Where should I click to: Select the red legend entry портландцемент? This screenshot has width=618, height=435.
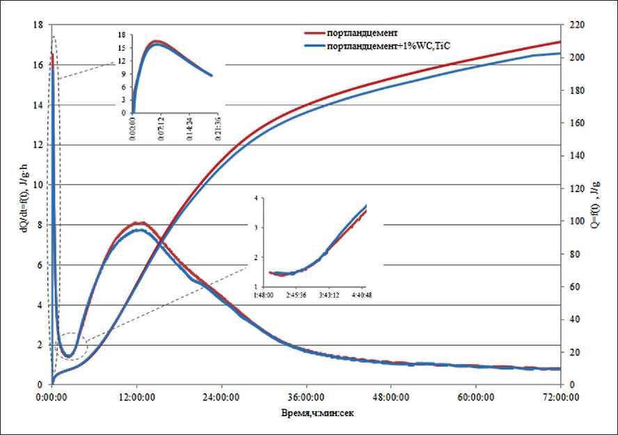pyautogui.click(x=362, y=33)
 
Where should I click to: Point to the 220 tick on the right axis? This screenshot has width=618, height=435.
pyautogui.click(x=576, y=24)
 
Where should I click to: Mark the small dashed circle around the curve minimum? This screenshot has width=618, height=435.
pyautogui.click(x=69, y=347)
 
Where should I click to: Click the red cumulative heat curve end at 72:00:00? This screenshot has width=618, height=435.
pyautogui.click(x=560, y=42)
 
